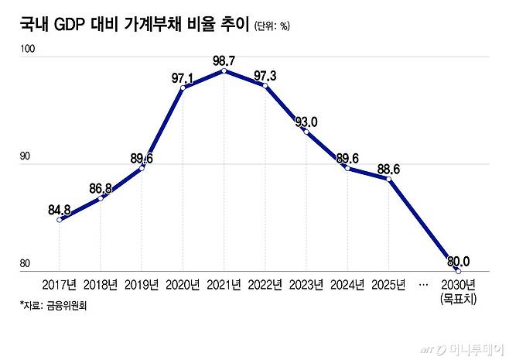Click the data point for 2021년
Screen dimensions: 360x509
[x=224, y=70]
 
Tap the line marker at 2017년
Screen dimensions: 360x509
[x=60, y=220]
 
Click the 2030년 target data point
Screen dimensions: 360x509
[x=458, y=271]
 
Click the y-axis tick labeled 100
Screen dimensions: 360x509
[x=29, y=49]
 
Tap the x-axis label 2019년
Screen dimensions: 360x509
[x=142, y=285]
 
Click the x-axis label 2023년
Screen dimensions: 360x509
[x=306, y=285]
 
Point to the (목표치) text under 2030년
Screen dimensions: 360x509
[x=459, y=298]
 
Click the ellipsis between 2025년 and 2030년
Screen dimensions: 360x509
[x=423, y=285]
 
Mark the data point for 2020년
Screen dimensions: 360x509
[x=183, y=87]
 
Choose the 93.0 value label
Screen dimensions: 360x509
[x=306, y=121]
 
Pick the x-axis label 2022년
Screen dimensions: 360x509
[x=265, y=285]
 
